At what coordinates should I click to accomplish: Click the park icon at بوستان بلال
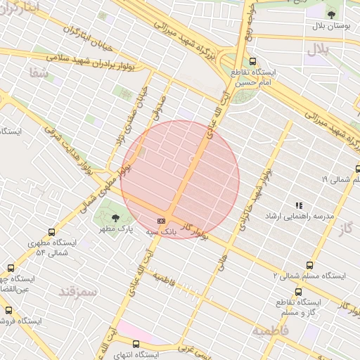click(331, 12)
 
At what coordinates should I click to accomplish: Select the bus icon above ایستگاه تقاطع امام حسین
click(252, 61)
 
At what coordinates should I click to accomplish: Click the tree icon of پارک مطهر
click(116, 218)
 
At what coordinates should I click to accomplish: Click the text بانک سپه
click(161, 230)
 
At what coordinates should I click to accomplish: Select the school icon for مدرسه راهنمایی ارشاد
click(299, 205)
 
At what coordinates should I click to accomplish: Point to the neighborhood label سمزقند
click(77, 290)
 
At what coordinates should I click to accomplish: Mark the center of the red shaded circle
click(180, 180)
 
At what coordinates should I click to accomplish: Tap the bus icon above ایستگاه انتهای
click(136, 345)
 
